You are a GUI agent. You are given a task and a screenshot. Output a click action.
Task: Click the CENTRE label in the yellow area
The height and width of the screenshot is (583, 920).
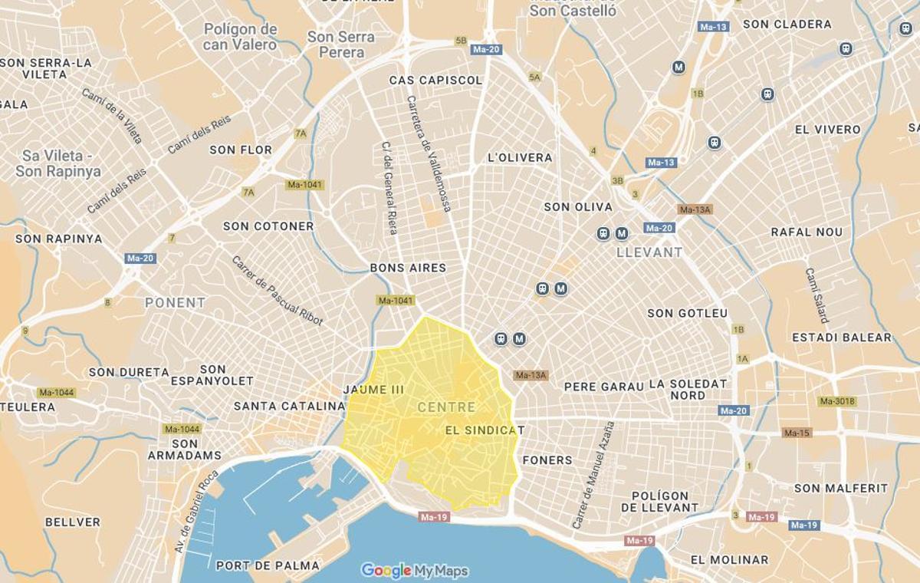pos(446,407)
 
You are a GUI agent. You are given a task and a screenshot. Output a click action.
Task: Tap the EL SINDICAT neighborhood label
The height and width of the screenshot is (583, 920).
pos(485,430)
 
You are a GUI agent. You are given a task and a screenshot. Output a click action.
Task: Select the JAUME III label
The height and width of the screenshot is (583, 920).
pos(373,390)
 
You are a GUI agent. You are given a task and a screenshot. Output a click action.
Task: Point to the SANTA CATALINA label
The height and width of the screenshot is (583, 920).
pos(289,406)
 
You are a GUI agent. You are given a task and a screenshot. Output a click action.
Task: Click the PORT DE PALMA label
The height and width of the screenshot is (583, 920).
pos(268,565)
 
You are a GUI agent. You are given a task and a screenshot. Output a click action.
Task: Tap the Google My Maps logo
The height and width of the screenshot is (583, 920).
pos(414,571)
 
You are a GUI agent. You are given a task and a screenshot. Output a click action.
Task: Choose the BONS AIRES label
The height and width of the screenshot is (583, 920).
pos(408,268)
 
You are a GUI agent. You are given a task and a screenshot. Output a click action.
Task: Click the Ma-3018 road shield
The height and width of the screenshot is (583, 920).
pos(836,401)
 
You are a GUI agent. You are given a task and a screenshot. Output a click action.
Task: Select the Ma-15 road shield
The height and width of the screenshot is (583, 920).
pos(796,433)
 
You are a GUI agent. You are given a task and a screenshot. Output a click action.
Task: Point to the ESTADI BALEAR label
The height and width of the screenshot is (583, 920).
pos(842,338)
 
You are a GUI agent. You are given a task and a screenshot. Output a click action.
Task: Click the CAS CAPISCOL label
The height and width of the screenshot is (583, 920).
pos(435,81)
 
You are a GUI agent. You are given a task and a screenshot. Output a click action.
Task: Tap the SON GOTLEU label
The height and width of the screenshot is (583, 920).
pos(687,313)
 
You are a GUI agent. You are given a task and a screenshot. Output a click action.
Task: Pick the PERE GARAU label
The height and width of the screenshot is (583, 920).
pos(603,387)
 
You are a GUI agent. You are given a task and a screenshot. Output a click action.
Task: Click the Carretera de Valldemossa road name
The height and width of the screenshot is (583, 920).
pos(429,153)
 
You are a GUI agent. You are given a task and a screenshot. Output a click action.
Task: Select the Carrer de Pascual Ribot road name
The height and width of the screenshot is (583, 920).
pos(277,290)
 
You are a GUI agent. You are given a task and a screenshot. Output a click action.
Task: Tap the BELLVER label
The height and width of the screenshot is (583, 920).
pos(72,522)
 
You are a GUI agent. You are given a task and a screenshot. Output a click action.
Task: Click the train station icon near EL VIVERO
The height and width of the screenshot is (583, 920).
pos(715,143)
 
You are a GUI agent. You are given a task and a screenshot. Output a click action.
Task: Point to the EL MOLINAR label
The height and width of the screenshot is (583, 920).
pos(729,560)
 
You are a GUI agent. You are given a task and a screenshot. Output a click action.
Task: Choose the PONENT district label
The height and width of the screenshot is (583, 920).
pos(175,302)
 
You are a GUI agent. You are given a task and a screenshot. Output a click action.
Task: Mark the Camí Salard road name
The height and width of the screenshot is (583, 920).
pos(816,295)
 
